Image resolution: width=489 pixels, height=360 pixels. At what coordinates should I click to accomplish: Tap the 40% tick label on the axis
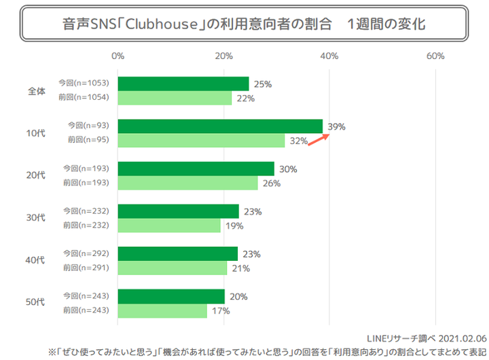tap(329, 55)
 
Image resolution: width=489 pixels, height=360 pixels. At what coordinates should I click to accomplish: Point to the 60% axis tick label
tap(435, 55)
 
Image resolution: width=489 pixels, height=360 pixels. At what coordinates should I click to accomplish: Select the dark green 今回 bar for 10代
tap(220, 126)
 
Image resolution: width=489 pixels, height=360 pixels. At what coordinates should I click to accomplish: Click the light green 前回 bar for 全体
tap(175, 98)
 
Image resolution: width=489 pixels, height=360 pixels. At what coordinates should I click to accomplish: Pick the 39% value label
tap(337, 126)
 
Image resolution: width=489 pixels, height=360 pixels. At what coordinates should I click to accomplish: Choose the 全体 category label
tap(36, 91)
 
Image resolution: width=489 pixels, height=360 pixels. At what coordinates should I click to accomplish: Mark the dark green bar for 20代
tap(196, 168)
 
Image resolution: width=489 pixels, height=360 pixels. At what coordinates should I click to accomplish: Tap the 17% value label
tap(221, 310)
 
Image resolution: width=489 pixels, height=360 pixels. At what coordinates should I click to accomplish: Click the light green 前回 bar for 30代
tap(169, 226)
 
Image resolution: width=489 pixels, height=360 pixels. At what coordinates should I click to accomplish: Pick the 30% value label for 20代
tap(288, 169)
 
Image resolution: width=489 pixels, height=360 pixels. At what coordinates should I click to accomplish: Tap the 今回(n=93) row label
tap(90, 126)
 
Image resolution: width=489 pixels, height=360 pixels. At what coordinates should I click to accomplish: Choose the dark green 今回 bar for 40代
tap(177, 253)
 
